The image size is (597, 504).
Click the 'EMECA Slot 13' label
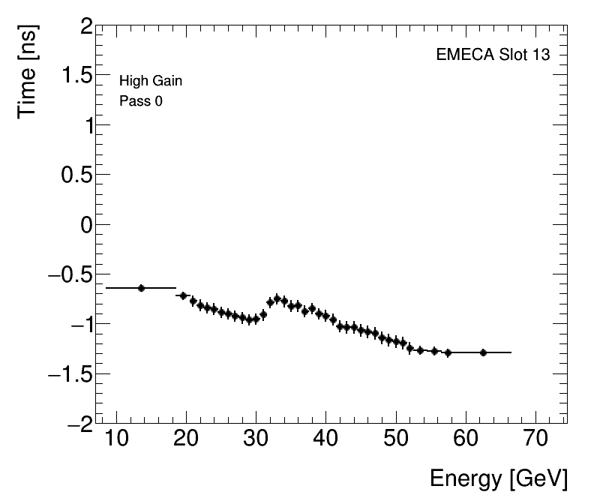pyautogui.click(x=493, y=55)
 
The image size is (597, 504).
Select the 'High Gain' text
pyautogui.click(x=151, y=82)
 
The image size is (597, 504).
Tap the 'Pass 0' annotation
pyautogui.click(x=141, y=101)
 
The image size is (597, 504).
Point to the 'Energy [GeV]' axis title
pyautogui.click(x=498, y=479)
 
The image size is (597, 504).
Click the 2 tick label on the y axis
pyautogui.click(x=84, y=28)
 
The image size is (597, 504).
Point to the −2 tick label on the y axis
pyautogui.click(x=76, y=424)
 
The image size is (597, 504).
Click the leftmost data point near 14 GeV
pyautogui.click(x=141, y=288)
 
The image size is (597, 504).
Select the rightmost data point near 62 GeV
pyautogui.click(x=483, y=352)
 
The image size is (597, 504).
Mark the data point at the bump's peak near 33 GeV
pyautogui.click(x=277, y=298)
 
